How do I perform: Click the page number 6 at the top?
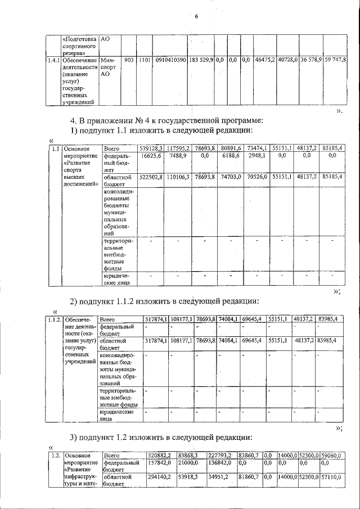[x=197, y=16]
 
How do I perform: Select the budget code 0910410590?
[x=171, y=59]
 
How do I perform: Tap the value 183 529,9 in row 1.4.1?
[x=201, y=59]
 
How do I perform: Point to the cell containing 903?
[x=128, y=59]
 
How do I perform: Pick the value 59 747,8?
[x=335, y=59]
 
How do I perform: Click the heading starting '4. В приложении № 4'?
[x=166, y=120]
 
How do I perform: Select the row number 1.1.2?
[x=54, y=319]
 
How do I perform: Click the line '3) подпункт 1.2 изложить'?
[x=160, y=438]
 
